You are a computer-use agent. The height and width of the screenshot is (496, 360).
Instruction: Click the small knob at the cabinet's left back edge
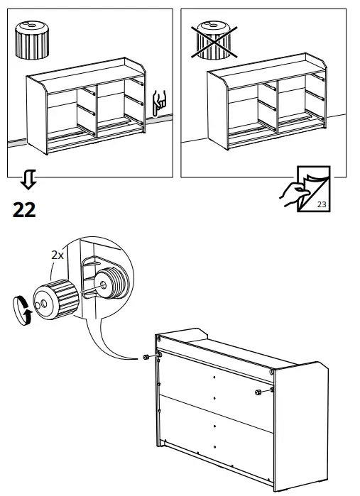coord(146,356)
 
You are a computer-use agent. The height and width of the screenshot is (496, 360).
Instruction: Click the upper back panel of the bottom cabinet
coord(213,380)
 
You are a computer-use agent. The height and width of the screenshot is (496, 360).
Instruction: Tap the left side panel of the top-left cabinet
coord(36,114)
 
